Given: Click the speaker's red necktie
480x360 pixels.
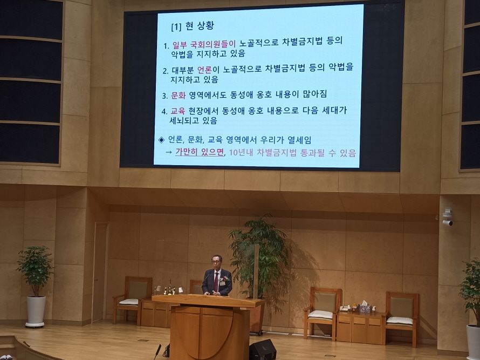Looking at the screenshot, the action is [216, 282].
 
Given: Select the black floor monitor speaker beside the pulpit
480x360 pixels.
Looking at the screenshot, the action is [262, 350].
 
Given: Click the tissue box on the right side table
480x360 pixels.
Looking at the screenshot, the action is [365, 307].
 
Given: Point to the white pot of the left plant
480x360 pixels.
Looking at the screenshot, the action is [36, 311].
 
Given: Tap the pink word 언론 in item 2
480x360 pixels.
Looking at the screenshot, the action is [204, 70].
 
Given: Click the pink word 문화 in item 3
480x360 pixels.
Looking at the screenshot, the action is [178, 96].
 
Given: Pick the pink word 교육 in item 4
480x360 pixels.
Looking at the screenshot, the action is [177, 111].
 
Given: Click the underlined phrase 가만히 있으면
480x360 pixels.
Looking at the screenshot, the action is [200, 152].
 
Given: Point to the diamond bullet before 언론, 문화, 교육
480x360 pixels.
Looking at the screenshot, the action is [161, 140].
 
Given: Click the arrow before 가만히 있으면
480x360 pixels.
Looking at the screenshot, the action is [169, 152].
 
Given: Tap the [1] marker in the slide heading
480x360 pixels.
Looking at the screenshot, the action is [176, 28].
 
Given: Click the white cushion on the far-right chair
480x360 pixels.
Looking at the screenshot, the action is [399, 320].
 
